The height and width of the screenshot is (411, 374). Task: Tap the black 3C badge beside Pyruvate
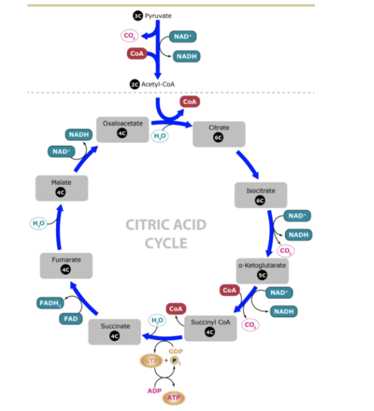click(137, 16)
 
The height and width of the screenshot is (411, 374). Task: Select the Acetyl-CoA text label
click(158, 84)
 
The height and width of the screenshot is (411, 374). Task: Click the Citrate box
click(219, 134)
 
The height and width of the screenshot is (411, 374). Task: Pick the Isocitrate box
click(260, 195)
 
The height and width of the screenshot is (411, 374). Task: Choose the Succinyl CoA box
click(210, 328)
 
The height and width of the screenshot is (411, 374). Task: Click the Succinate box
click(115, 332)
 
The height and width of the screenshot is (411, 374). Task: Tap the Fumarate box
click(66, 265)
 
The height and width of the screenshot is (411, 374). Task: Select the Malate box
click(61, 188)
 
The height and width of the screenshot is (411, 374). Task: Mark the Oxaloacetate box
click(122, 129)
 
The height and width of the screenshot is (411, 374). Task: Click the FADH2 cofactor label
click(50, 303)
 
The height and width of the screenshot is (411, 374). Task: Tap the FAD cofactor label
click(71, 319)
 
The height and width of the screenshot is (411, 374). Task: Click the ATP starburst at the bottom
click(173, 398)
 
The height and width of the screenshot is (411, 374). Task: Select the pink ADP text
click(154, 391)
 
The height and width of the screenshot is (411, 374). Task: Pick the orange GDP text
click(176, 352)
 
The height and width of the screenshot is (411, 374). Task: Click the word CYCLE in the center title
click(166, 243)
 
